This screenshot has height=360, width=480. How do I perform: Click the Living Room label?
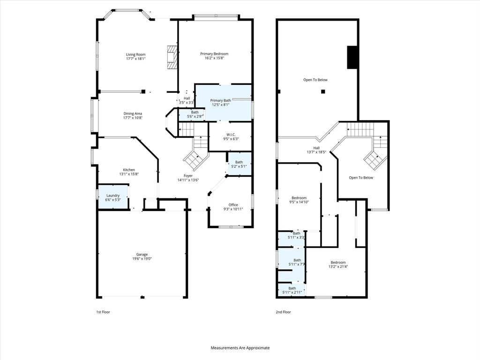(135, 55)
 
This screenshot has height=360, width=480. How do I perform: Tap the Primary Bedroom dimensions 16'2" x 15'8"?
(214, 58)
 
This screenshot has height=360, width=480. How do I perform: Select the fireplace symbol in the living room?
(172, 57)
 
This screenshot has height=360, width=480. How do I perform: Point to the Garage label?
(142, 255)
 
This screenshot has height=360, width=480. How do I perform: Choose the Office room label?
(233, 205)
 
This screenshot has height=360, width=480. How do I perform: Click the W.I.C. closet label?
(231, 135)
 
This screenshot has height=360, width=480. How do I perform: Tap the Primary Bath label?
(220, 100)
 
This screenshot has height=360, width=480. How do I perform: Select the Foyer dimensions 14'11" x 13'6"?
(188, 180)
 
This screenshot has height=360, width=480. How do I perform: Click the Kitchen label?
(129, 170)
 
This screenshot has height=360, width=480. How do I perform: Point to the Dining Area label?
(133, 113)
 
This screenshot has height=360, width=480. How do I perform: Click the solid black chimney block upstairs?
(352, 57)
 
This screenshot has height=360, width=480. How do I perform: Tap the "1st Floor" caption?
(103, 312)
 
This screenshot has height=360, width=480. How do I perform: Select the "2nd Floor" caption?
(283, 312)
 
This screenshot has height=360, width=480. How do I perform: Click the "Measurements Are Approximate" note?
(240, 348)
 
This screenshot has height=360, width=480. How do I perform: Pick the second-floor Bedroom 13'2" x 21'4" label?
(338, 262)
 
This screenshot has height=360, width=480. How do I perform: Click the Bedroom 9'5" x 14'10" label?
(299, 198)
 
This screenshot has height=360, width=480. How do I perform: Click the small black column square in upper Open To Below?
(323, 91)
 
